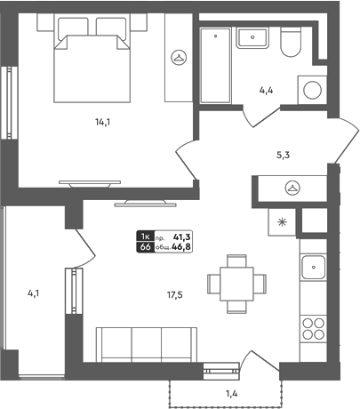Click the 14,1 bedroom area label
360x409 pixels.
(x=102, y=122)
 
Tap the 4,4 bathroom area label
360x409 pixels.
(x=266, y=91)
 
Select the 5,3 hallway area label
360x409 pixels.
(x=283, y=155)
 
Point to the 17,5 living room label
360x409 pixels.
(x=175, y=295)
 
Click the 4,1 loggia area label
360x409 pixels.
(x=34, y=293)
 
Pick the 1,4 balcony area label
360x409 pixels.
(x=232, y=394)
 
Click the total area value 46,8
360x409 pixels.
(x=181, y=247)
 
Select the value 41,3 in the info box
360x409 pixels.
(x=182, y=237)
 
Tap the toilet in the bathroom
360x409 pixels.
(x=291, y=42)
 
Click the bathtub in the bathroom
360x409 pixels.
(x=215, y=66)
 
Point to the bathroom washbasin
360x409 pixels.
(x=252, y=37)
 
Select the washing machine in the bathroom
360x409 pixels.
(x=312, y=90)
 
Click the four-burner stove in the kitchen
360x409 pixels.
(x=313, y=329)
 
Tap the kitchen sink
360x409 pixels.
(x=313, y=268)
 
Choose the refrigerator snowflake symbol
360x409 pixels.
(x=282, y=222)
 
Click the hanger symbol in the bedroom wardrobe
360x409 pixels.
(x=179, y=57)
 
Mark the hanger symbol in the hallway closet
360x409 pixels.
(x=292, y=188)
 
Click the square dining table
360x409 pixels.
(x=236, y=284)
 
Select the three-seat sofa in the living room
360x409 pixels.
(x=147, y=345)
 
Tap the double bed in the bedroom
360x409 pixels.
(x=92, y=60)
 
